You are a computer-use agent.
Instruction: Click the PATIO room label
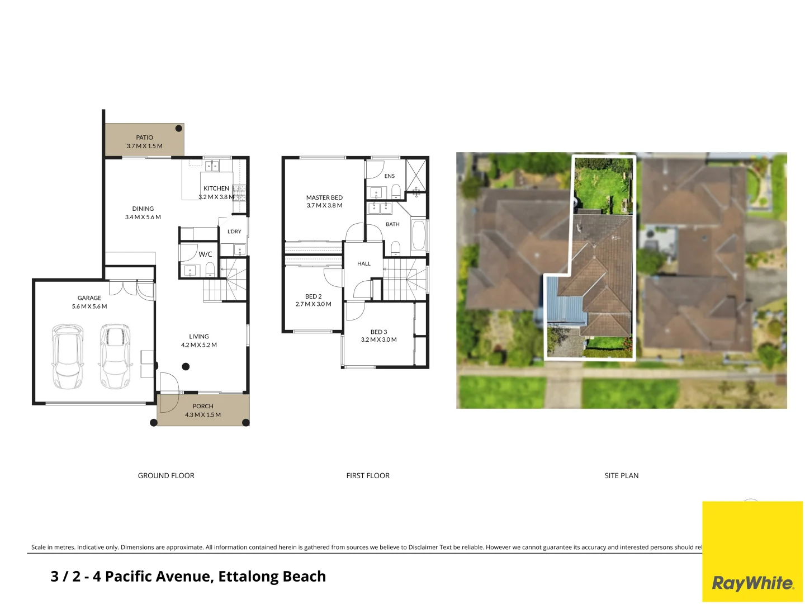click(144, 138)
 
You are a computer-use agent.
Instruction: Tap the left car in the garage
click(67, 356)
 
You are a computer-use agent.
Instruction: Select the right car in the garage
click(115, 356)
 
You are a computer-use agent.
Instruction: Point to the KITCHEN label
click(216, 188)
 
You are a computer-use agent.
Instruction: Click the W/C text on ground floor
click(205, 254)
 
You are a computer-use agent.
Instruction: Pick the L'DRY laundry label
click(234, 232)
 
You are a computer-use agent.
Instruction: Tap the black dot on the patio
click(179, 129)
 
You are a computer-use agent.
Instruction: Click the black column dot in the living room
click(186, 367)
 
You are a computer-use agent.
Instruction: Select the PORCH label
click(203, 407)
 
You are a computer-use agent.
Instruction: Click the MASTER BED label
click(324, 197)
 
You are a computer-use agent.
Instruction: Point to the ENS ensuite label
click(390, 176)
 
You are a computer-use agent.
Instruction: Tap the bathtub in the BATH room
click(418, 235)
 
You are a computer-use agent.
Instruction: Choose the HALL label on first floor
click(364, 264)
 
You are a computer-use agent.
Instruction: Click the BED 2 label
click(313, 296)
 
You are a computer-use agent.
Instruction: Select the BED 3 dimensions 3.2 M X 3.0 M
click(378, 340)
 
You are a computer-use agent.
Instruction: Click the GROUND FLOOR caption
click(166, 476)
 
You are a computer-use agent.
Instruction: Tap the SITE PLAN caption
click(621, 476)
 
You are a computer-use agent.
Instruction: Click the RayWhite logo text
click(752, 583)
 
